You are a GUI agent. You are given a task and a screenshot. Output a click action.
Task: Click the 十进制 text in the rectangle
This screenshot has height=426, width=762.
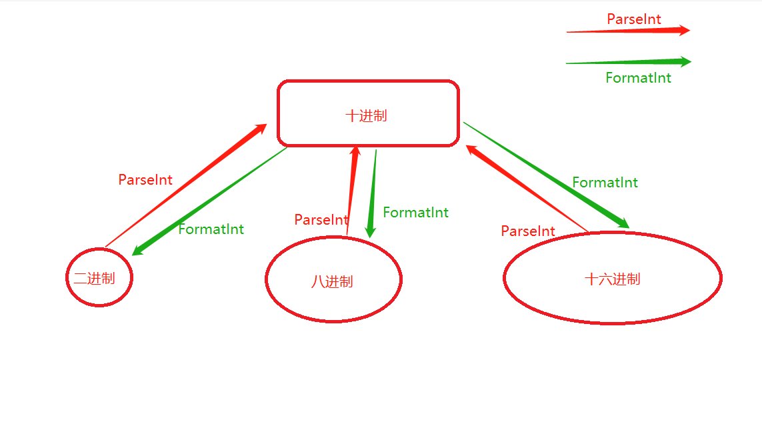point(366,116)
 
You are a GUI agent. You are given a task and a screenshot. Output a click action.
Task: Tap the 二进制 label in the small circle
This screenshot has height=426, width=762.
point(94,279)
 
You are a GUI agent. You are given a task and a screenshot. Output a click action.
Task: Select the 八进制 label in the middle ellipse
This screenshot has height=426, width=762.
point(332,282)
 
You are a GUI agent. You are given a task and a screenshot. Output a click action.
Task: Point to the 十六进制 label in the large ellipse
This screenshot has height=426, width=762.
point(612,279)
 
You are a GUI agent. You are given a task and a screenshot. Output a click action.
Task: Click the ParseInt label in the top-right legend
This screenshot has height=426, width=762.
point(633,19)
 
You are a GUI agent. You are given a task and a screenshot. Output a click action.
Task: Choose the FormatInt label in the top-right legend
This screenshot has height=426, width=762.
point(638,78)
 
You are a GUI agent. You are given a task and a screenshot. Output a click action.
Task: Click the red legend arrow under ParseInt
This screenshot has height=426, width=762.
point(627,31)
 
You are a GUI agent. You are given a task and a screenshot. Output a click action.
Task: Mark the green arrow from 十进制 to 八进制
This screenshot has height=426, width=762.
point(373,193)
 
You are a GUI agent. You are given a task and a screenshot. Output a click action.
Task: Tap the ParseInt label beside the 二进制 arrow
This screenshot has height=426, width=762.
point(145,180)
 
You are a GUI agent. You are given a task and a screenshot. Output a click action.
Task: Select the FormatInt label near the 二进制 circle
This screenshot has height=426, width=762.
point(211,229)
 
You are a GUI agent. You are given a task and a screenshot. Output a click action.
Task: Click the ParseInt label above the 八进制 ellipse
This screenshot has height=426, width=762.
point(321,220)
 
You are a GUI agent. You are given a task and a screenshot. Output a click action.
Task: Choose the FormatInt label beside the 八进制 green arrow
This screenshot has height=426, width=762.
point(415,213)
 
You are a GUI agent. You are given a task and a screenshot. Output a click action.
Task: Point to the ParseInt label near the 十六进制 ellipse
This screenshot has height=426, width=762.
point(528,231)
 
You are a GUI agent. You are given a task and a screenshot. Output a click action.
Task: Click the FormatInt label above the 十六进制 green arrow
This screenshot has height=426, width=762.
point(605,183)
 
